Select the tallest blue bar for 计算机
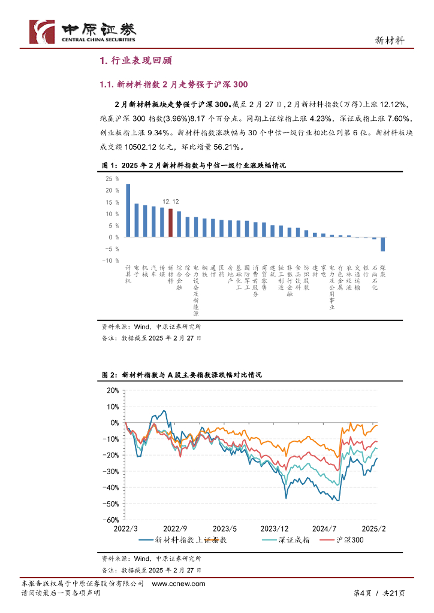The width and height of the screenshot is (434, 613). point(128,210)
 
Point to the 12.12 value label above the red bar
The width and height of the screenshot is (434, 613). point(171,202)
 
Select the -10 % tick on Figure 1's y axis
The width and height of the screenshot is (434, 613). point(111,260)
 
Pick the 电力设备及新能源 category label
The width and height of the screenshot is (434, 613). point(196,291)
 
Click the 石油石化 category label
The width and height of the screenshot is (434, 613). point(375,278)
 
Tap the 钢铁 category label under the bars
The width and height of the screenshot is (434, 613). point(204,271)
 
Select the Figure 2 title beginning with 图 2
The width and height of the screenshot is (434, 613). point(182,375)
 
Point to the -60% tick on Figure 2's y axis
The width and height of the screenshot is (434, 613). point(110,520)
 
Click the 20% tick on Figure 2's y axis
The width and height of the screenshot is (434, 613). point(112,390)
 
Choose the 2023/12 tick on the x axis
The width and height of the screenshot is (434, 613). point(275,529)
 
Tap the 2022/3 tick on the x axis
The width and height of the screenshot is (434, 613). point(125,529)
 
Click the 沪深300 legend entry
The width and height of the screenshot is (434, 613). point(349,540)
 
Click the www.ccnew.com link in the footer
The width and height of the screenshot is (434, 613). point(179,584)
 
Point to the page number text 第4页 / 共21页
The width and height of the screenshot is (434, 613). point(377,593)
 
